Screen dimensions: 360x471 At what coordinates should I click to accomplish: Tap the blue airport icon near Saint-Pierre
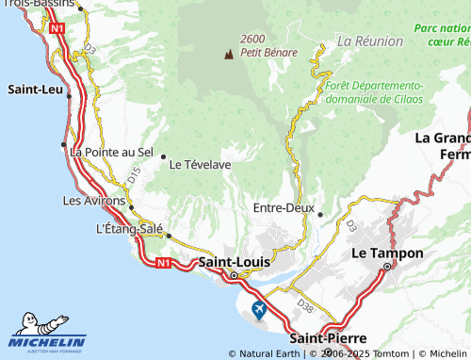[x=259, y=309]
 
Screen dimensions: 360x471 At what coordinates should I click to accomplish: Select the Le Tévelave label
[x=200, y=163]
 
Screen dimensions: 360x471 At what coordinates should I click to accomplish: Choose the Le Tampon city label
[x=386, y=254]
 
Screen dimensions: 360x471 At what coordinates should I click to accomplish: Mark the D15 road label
[x=133, y=174]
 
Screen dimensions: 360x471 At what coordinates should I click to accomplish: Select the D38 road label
[x=304, y=304]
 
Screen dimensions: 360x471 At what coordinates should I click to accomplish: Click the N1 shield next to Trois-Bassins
[x=58, y=29]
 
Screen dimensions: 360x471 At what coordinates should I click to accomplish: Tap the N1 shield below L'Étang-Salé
[x=165, y=261]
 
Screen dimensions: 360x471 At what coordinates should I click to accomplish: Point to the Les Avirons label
[x=94, y=201]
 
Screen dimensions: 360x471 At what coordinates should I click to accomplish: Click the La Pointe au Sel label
[x=112, y=152]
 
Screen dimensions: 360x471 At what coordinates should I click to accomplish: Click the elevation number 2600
[x=252, y=39]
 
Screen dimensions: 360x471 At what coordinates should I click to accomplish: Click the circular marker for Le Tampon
[x=386, y=267]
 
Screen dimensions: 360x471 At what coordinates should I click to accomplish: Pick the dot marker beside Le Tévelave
[x=163, y=156]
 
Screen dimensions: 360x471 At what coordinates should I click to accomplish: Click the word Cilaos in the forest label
[x=407, y=98]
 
